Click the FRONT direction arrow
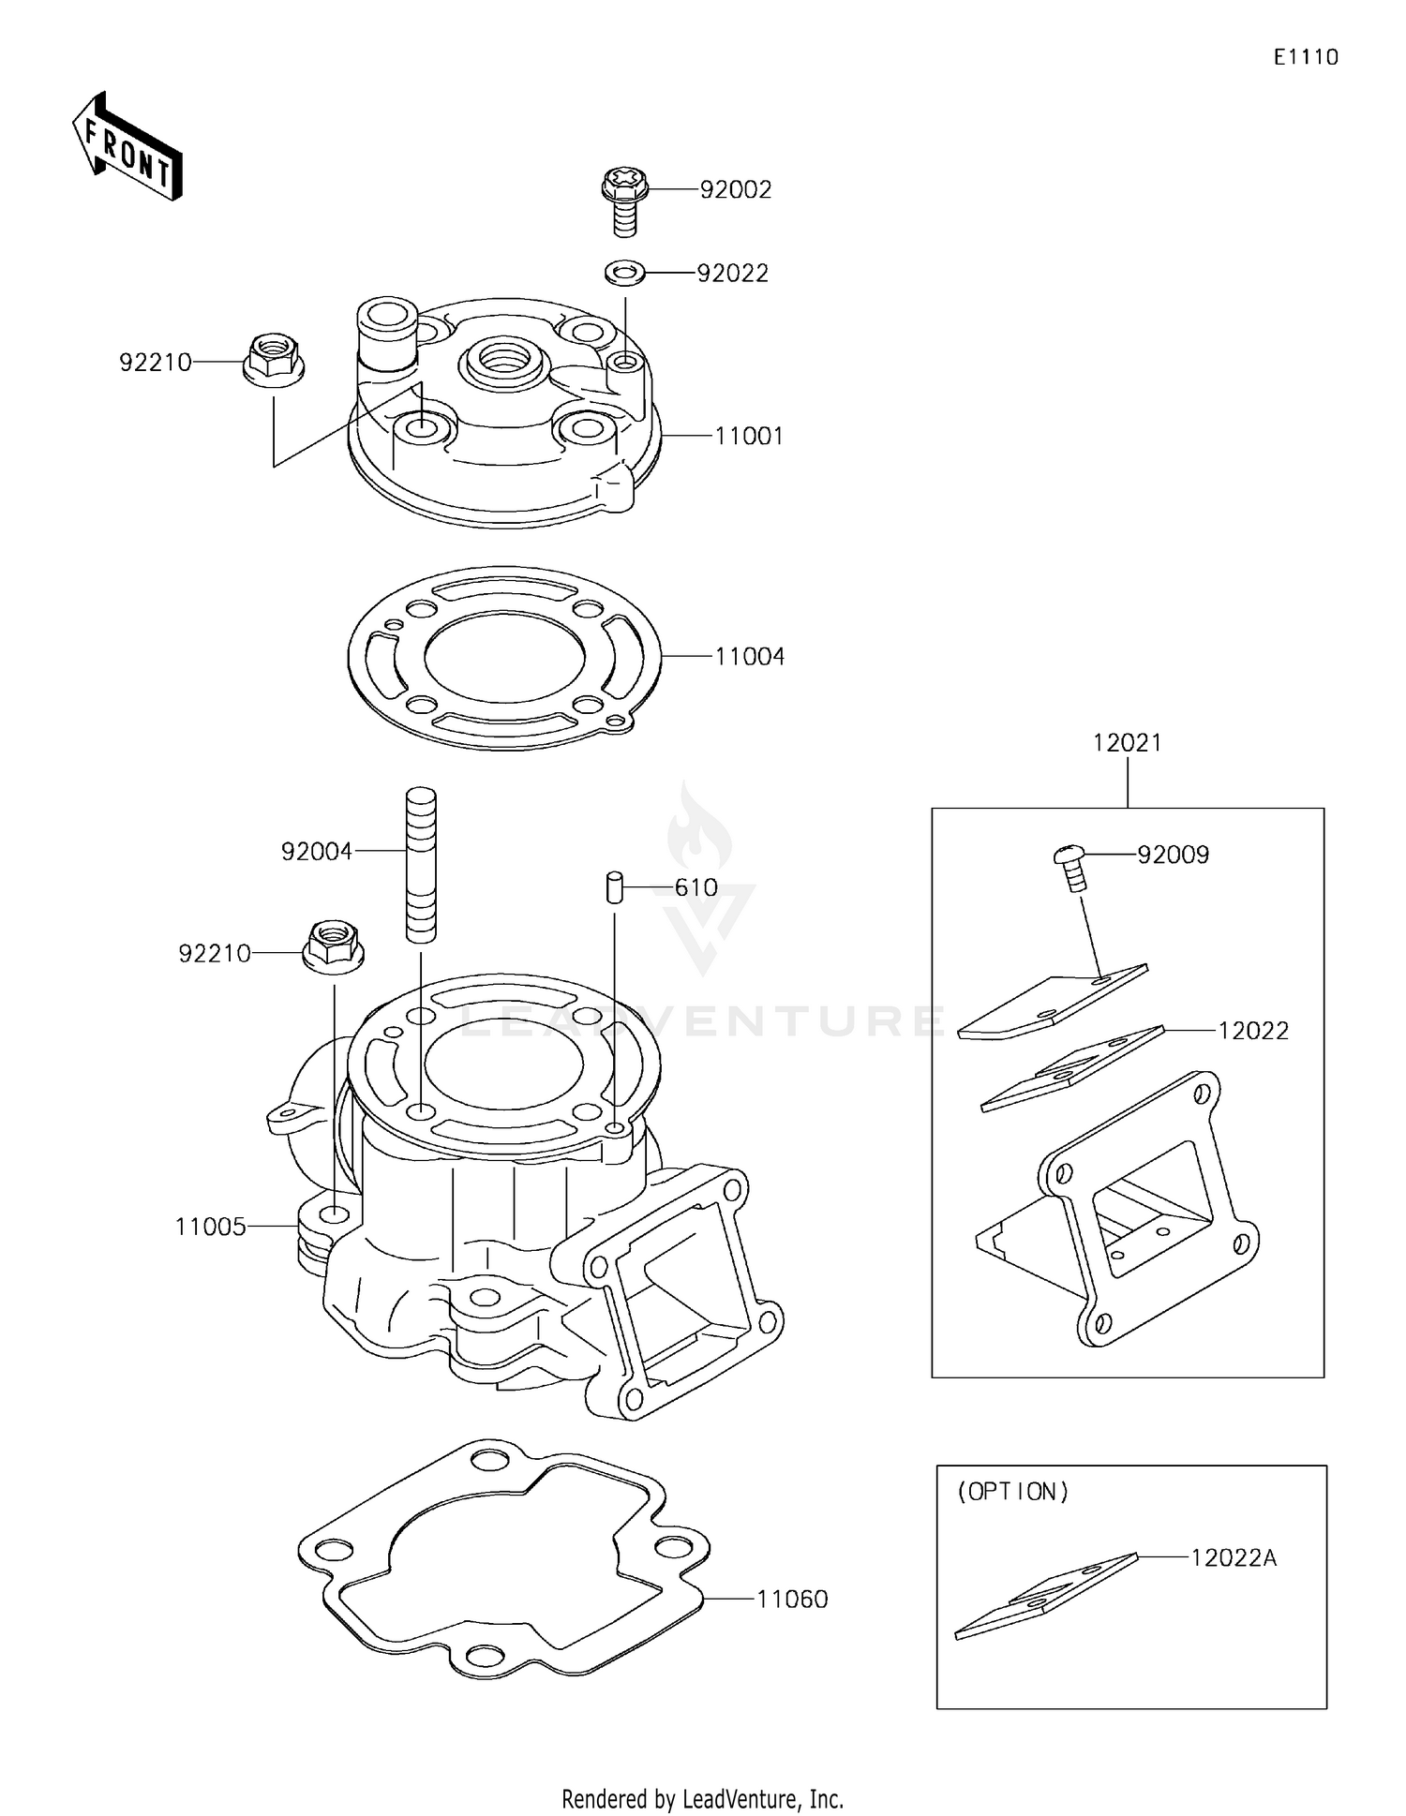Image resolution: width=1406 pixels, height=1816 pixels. pyautogui.click(x=127, y=148)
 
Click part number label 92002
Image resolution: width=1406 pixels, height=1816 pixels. pyautogui.click(x=736, y=190)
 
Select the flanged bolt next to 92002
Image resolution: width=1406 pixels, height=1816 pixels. pyautogui.click(x=626, y=198)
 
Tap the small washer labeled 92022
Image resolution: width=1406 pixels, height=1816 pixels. pyautogui.click(x=624, y=273)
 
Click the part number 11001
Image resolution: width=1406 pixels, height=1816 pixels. pyautogui.click(x=749, y=437)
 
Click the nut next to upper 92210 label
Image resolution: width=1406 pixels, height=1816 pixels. pyautogui.click(x=272, y=361)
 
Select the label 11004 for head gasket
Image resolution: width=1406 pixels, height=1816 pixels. pyautogui.click(x=749, y=657)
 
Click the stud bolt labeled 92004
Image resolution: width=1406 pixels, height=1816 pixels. pyautogui.click(x=421, y=864)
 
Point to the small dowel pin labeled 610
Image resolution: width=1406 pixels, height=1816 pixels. pyautogui.click(x=615, y=886)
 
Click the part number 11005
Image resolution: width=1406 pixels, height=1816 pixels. pyautogui.click(x=211, y=1227)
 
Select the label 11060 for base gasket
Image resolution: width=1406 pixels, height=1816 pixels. pyautogui.click(x=792, y=1600)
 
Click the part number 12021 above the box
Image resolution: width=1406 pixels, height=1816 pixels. pyautogui.click(x=1127, y=743)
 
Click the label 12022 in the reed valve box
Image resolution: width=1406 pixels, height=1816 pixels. pyautogui.click(x=1253, y=1031)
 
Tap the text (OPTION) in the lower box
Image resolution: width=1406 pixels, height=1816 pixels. pyautogui.click(x=1012, y=1492)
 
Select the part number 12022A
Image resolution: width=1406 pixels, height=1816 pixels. pyautogui.click(x=1234, y=1558)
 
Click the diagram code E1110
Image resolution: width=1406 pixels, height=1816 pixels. pyautogui.click(x=1306, y=57)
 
